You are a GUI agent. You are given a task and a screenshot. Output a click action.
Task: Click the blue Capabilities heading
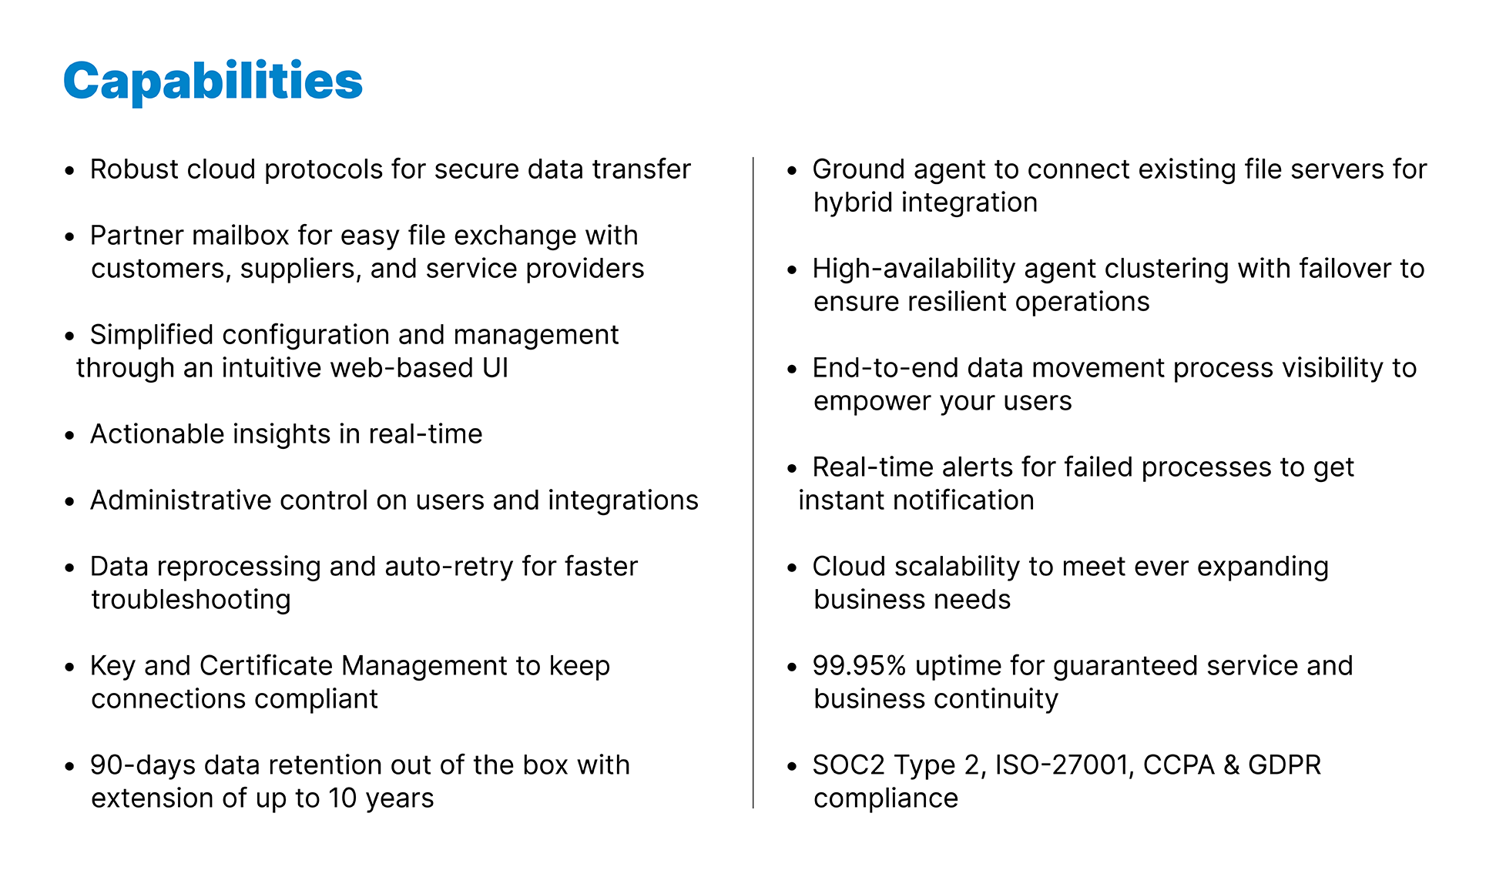(x=213, y=81)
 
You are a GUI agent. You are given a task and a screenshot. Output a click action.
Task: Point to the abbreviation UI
(x=495, y=368)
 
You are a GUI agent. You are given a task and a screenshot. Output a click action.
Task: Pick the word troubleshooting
(x=191, y=600)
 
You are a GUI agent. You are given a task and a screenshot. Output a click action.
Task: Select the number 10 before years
(x=343, y=798)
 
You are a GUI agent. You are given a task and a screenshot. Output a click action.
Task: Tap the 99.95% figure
(x=859, y=666)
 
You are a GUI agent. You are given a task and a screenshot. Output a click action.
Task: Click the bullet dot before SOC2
(x=792, y=767)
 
